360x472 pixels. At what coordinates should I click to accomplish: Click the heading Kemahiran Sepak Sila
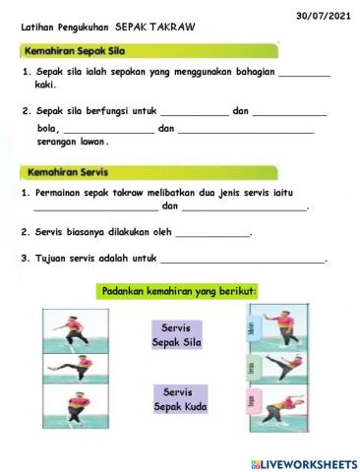point(70,48)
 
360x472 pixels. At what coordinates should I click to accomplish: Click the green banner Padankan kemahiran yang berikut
point(178,291)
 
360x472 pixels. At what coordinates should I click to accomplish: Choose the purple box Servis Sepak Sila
point(177,334)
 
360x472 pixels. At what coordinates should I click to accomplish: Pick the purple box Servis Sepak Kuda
point(180,397)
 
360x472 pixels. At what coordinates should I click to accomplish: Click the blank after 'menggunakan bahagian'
point(304,74)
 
